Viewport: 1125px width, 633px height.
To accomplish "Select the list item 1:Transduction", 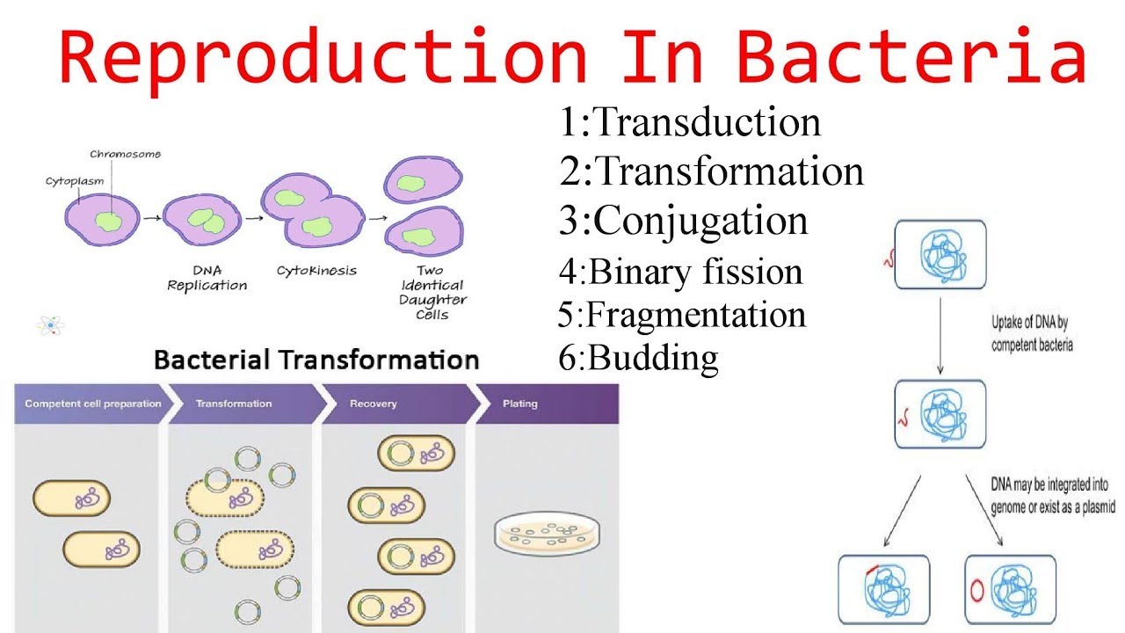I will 690,122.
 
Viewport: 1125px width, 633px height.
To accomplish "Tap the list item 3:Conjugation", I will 683,220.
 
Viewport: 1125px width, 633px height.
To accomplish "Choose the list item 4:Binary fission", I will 680,271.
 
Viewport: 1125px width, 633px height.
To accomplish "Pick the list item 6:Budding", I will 638,357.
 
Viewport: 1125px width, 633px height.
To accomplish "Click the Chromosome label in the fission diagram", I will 125,155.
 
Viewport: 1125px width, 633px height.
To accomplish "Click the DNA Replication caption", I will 207,278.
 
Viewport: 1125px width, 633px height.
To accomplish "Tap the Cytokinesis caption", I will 316,271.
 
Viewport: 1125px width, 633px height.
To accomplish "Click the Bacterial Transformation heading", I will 316,360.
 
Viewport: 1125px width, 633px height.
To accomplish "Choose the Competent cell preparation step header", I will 92,404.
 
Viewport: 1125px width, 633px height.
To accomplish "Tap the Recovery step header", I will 373,404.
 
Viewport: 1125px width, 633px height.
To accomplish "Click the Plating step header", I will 519,404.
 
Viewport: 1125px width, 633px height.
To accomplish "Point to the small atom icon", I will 50,325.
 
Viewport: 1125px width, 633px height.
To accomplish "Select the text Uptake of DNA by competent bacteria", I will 1032,337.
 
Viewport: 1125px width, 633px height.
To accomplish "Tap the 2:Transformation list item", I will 711,171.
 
